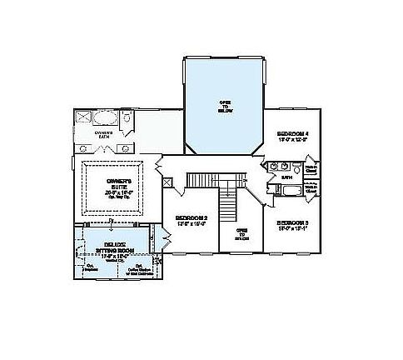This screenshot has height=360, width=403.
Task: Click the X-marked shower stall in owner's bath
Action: click(x=85, y=117)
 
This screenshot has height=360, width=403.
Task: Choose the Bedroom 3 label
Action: click(x=293, y=223)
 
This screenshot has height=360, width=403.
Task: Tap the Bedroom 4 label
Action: click(x=292, y=133)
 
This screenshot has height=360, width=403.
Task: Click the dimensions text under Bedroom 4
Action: click(x=292, y=141)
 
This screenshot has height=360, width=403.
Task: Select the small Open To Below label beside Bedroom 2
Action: click(x=241, y=232)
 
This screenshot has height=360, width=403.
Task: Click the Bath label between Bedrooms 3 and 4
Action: click(x=286, y=177)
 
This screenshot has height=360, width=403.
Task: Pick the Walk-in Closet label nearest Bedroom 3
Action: click(x=311, y=212)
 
